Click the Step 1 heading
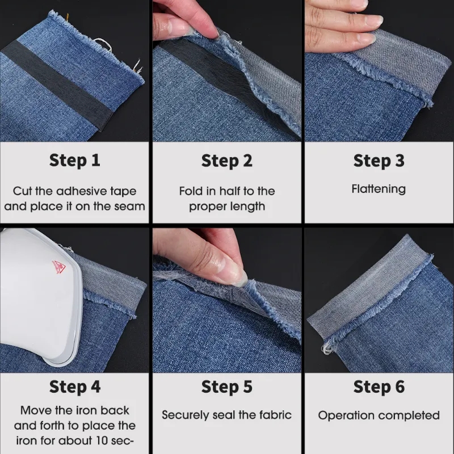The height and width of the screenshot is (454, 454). [75, 161]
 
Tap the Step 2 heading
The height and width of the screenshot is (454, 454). [226, 161]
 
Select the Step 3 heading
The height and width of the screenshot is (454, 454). [379, 161]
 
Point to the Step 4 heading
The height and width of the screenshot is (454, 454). [75, 387]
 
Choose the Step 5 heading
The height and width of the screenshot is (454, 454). [226, 387]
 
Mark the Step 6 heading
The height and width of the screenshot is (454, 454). [379, 387]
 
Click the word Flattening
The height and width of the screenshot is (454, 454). [379, 189]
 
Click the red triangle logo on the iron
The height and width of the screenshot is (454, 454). [58, 265]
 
